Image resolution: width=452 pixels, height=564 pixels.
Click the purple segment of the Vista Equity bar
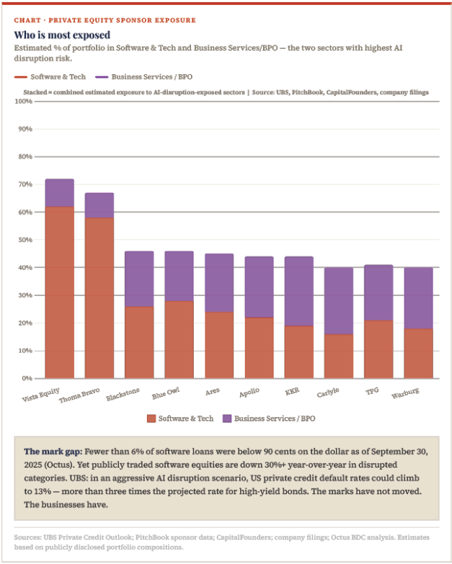tap(59, 193)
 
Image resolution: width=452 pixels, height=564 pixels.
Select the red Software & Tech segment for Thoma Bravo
tap(99, 297)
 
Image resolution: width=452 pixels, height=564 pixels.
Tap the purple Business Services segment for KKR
tap(298, 291)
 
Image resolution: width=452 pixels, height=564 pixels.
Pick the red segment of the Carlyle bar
tap(339, 356)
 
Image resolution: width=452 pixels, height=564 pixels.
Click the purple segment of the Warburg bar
tap(418, 298)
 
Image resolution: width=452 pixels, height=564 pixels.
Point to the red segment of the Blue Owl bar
tap(179, 339)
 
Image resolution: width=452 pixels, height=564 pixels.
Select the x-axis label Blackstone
tap(123, 394)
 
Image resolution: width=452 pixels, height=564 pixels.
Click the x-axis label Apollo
tap(249, 392)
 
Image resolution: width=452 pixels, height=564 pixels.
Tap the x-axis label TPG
tap(372, 390)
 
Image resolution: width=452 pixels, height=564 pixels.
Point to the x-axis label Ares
tap(213, 391)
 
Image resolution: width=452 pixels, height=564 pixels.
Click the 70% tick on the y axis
tap(25, 184)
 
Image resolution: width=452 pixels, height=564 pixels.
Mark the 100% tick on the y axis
tap(23, 102)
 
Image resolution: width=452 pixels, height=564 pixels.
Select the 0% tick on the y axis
tap(27, 378)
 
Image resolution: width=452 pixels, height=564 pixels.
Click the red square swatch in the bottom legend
tap(151, 418)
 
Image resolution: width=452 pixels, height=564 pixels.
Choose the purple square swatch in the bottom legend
tap(227, 418)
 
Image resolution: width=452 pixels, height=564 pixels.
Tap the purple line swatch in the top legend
tap(102, 77)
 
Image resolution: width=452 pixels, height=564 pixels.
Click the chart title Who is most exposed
tap(62, 35)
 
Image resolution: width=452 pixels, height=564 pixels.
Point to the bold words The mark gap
tap(53, 452)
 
